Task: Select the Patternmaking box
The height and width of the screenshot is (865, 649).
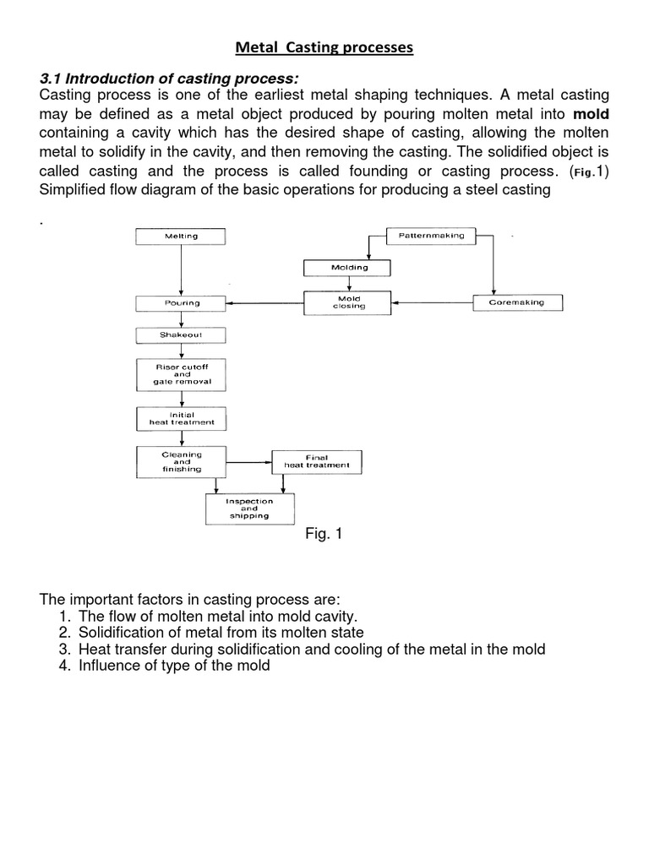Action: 431,236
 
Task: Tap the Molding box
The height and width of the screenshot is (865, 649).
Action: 348,268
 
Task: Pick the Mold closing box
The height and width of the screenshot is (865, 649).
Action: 348,302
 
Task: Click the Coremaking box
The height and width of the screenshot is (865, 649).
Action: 516,302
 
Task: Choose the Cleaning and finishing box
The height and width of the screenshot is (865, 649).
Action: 181,461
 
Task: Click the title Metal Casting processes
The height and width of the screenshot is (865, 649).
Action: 324,48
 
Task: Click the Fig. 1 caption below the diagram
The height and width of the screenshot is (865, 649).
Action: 324,535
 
